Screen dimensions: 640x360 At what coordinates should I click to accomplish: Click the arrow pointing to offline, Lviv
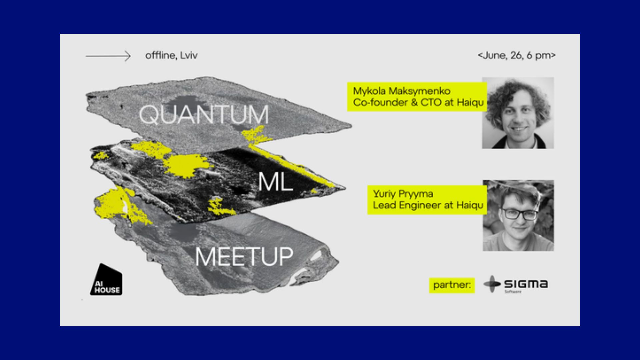click(108, 56)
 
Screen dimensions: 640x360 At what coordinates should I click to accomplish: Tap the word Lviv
click(189, 55)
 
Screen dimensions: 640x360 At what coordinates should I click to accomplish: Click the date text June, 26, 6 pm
click(517, 55)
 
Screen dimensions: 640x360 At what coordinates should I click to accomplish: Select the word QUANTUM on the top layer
click(204, 115)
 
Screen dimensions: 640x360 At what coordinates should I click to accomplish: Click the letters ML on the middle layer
click(275, 182)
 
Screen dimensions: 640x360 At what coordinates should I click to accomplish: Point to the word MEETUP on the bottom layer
click(244, 257)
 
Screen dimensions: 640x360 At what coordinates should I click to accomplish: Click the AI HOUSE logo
click(106, 279)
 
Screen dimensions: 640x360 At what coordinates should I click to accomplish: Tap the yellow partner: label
click(452, 285)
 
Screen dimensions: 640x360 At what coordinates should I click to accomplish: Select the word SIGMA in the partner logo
click(526, 284)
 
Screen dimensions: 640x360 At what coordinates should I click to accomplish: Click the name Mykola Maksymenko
click(402, 91)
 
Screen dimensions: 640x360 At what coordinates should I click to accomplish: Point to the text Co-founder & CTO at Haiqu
click(418, 102)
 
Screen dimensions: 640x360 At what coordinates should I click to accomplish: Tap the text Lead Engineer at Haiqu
click(428, 205)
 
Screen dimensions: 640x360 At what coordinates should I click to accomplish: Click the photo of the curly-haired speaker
click(518, 113)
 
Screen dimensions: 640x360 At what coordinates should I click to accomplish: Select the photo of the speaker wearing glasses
click(518, 215)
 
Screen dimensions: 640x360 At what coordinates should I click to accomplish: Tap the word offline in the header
click(160, 55)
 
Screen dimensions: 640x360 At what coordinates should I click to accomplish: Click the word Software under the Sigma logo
click(513, 292)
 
